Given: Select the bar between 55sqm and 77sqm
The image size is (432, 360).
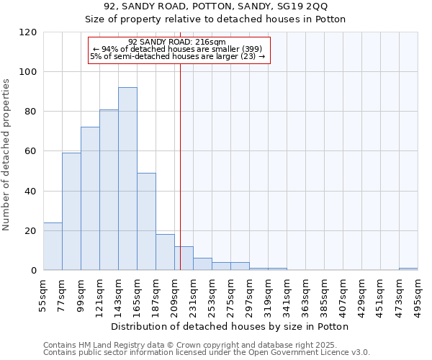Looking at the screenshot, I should tap(53, 246).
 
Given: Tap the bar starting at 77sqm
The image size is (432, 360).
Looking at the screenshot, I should tap(71, 212).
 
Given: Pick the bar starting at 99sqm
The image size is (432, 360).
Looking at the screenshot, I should tap(90, 199).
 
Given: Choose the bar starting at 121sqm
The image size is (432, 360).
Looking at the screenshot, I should tap(109, 190).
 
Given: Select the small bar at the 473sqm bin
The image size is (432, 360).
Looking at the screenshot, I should tap(408, 269).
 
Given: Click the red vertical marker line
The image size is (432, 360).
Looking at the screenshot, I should tap(180, 158).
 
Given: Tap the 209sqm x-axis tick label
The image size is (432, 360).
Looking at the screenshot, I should tap(175, 294).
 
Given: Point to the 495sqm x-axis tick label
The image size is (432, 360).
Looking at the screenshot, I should tap(418, 294).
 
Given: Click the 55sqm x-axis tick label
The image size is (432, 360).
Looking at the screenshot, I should tap(44, 294).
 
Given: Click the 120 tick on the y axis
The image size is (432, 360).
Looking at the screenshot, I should tap(28, 32).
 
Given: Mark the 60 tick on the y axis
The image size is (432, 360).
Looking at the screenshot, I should tap(31, 151).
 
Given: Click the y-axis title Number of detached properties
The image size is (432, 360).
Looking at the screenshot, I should tap(6, 155).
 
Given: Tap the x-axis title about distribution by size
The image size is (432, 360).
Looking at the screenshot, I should tap(230, 326).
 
